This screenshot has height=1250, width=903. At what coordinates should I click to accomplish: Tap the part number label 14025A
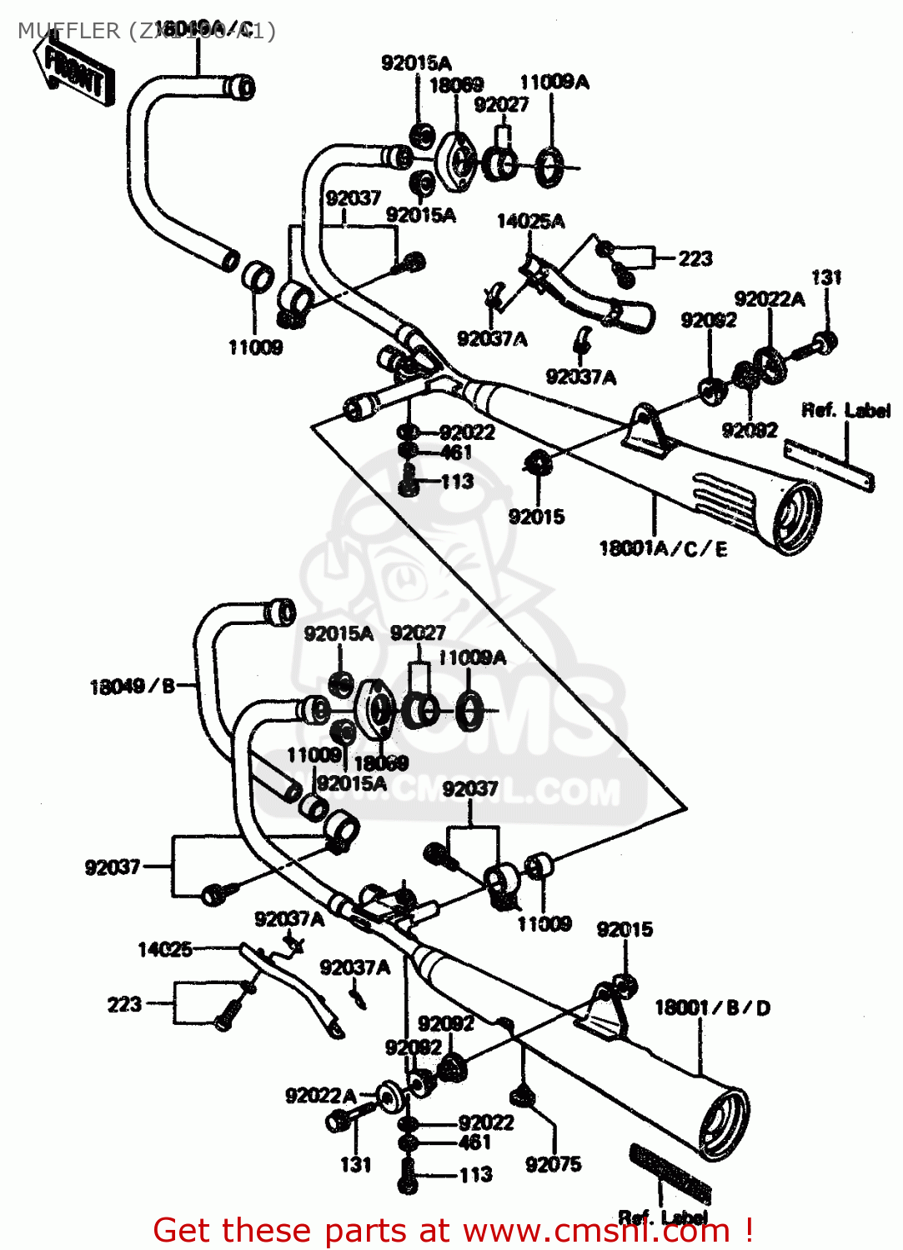[x=530, y=221]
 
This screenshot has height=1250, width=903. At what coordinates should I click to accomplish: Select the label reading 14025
[x=164, y=949]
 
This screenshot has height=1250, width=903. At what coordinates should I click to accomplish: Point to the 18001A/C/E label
[x=663, y=548]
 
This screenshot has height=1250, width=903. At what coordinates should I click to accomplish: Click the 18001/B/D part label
[x=712, y=1007]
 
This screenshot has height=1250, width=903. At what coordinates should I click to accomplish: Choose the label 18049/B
[x=132, y=686]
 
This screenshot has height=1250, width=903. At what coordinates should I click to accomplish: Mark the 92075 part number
[x=553, y=1164]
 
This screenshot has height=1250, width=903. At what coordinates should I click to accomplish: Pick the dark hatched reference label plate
[x=670, y=1174]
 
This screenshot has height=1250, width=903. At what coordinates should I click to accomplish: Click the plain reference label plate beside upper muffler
[x=830, y=467]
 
